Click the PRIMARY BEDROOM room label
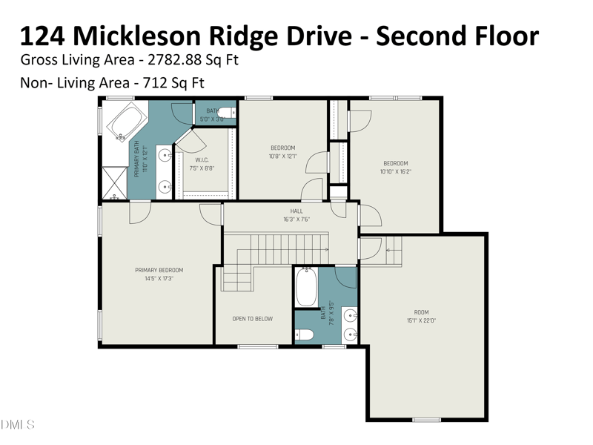(159, 270)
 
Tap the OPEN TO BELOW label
(253, 319)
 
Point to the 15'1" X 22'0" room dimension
(422, 320)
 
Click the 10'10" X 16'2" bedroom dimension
(395, 172)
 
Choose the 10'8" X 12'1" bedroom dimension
(282, 156)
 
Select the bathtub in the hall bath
(307, 288)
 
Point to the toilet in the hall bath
(305, 334)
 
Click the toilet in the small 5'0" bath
(228, 113)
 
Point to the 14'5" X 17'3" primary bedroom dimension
(159, 278)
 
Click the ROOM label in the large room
(422, 312)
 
